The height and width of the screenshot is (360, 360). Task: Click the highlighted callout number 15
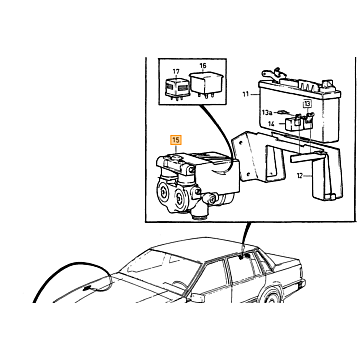[x=176, y=140]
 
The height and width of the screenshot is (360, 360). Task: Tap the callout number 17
[x=176, y=71]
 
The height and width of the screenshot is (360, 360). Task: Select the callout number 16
[x=203, y=66]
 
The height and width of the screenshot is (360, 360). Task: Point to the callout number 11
[x=246, y=95]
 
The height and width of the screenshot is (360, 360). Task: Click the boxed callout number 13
[x=307, y=104]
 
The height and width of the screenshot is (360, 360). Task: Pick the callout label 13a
[x=267, y=113]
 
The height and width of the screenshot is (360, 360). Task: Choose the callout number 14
[x=271, y=124]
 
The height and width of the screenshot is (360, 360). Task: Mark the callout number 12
[x=300, y=175]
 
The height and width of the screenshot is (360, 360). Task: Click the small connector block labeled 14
[x=294, y=123]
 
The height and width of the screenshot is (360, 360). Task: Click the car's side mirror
[x=196, y=297]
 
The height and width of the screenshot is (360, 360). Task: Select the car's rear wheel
[x=271, y=296]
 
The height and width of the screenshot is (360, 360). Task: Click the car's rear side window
[x=261, y=263]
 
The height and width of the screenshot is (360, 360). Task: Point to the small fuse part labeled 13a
[x=284, y=112]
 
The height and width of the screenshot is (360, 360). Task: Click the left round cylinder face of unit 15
[x=164, y=192]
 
